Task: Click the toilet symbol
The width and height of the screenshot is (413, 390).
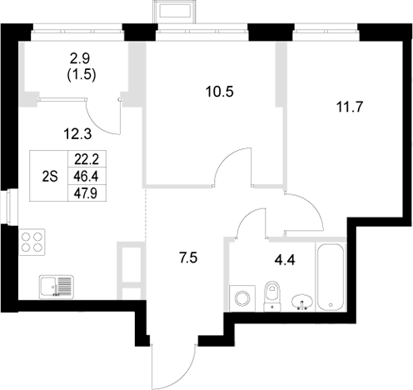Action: [x=269, y=295]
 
